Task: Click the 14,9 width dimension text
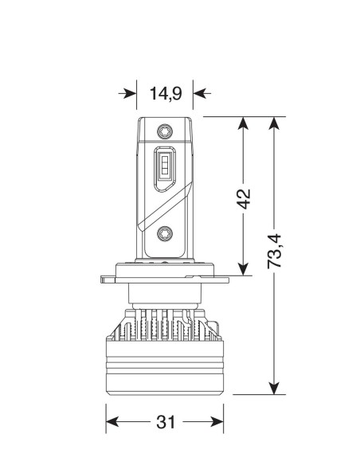166,94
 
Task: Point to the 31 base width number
166,422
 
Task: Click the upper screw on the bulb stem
166,129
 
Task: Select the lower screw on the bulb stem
166,234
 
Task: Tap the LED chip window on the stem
164,167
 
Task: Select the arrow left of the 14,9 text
127,94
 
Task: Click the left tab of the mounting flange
108,278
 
